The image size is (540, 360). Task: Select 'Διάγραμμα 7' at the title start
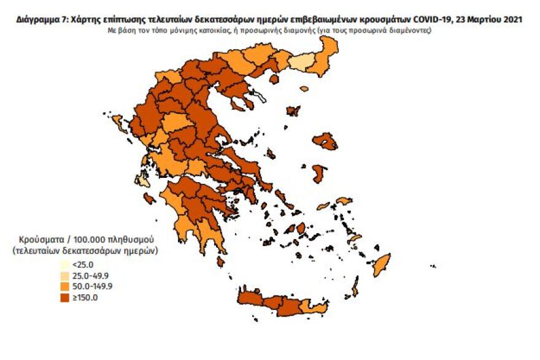pyautogui.click(x=37, y=20)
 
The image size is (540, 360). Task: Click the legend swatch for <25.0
pyautogui.click(x=65, y=264)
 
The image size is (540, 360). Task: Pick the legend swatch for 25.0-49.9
pyautogui.click(x=65, y=275)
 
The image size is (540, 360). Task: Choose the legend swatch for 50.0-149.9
pyautogui.click(x=65, y=286)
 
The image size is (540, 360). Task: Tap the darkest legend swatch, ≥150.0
pyautogui.click(x=65, y=298)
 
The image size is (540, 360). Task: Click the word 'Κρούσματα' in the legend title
pyautogui.click(x=37, y=239)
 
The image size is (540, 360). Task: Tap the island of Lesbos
pyautogui.click(x=325, y=141)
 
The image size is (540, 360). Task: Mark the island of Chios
pyautogui.click(x=318, y=173)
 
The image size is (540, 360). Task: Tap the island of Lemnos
pyautogui.click(x=293, y=112)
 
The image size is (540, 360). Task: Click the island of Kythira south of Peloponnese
pyautogui.click(x=220, y=261)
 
